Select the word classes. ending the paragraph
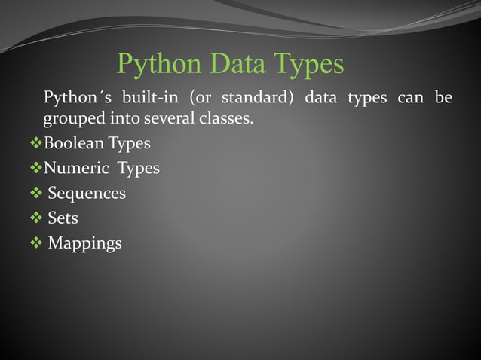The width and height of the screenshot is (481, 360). click(x=224, y=119)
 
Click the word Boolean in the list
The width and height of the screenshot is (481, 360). click(x=74, y=143)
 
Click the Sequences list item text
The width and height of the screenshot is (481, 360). click(x=87, y=194)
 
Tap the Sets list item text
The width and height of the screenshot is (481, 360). click(x=63, y=218)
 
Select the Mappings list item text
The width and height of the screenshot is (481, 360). click(x=84, y=243)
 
